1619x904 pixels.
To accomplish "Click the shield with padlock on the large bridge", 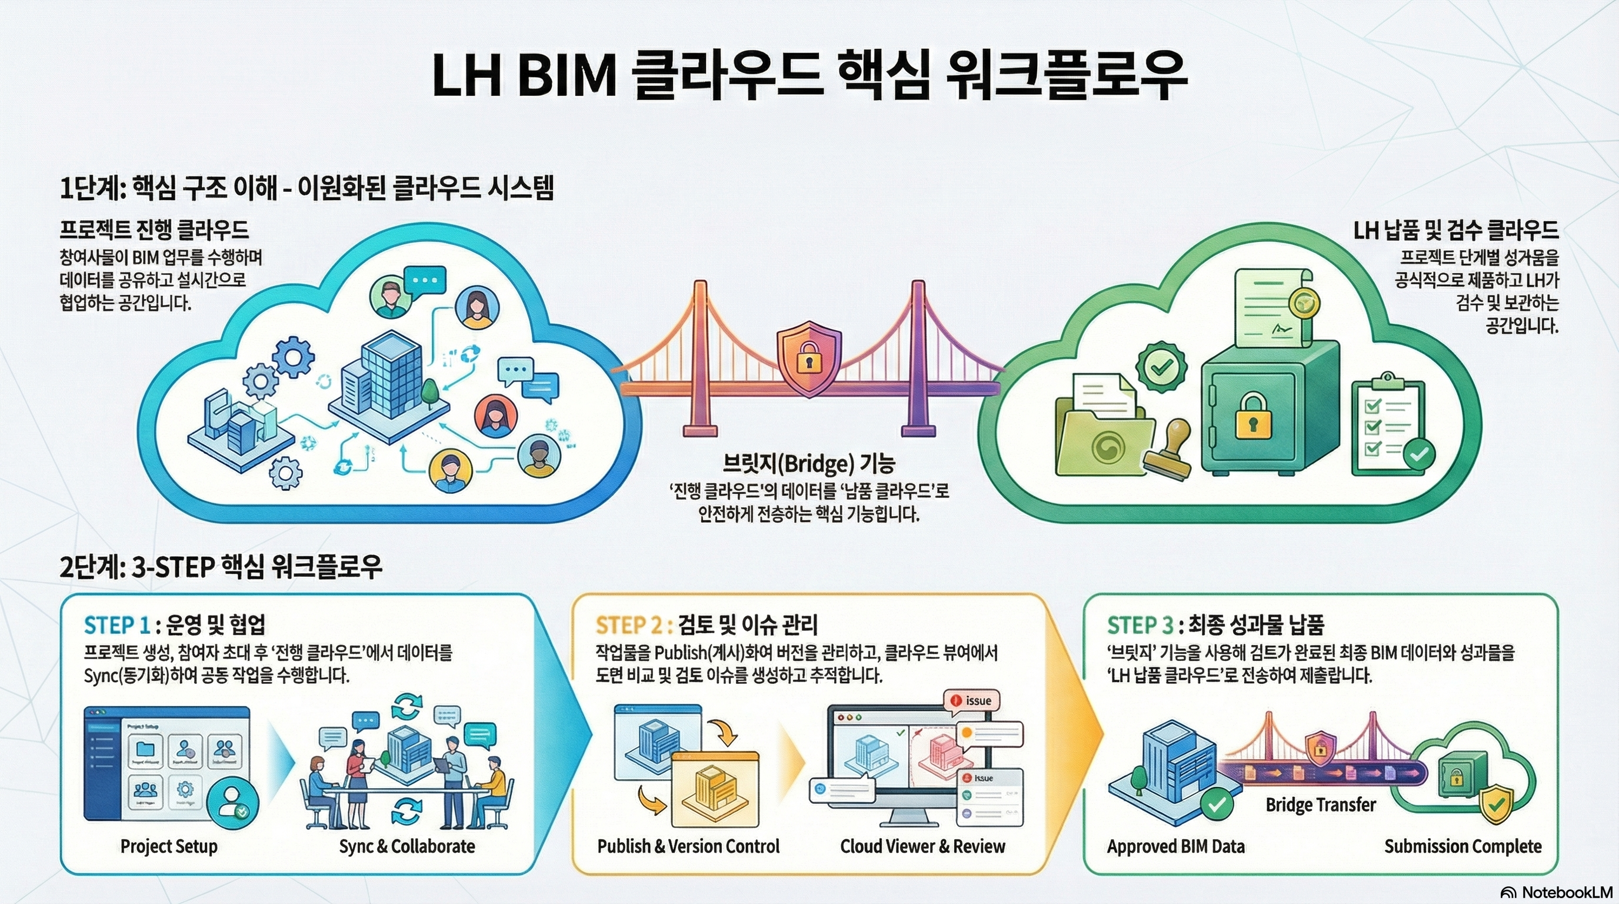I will click(809, 358).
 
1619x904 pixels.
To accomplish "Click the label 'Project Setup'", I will click(168, 846).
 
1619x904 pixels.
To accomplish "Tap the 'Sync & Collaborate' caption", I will click(407, 846).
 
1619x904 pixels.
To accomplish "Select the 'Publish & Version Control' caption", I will click(688, 846).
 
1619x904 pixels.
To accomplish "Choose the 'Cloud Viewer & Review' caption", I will click(922, 846).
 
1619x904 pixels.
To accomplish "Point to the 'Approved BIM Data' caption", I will click(1175, 846).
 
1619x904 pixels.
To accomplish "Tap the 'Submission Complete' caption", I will click(1463, 846).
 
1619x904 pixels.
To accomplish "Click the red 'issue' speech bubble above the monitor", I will click(972, 700).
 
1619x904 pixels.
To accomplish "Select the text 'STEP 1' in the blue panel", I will click(117, 625).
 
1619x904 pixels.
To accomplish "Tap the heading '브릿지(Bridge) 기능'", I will click(809, 463).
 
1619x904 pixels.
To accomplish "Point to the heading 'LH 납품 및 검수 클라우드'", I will click(1455, 231).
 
